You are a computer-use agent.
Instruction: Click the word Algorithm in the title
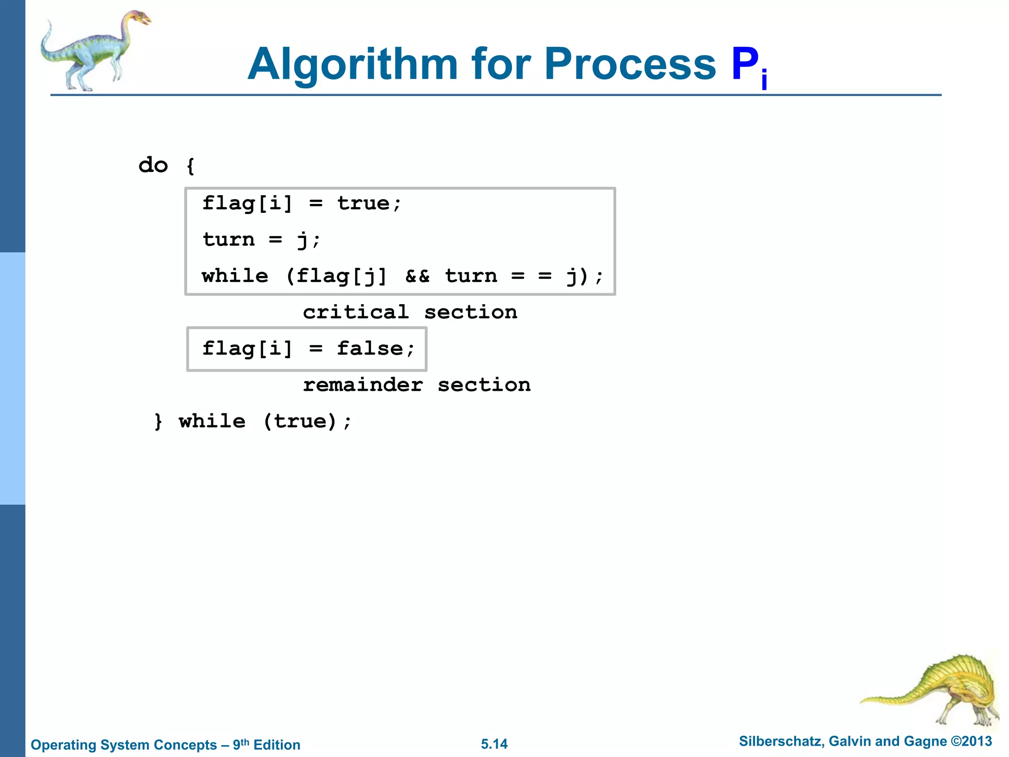coord(353,65)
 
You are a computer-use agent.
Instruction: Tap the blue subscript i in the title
coord(764,80)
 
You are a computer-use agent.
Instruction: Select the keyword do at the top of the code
coord(153,165)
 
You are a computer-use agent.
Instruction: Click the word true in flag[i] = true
coord(364,203)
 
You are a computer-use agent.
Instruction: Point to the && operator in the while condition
coord(417,276)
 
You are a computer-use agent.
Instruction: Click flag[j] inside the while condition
coord(341,276)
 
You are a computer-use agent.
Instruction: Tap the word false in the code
coord(370,348)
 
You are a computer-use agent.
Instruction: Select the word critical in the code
coord(356,312)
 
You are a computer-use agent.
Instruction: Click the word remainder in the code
coord(363,385)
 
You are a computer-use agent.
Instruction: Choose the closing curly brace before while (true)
coord(158,421)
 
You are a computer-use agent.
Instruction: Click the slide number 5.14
coord(494,744)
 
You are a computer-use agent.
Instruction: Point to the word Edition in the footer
coord(277,745)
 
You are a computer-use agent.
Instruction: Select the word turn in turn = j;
coord(229,240)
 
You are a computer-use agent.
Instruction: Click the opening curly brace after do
coord(191,166)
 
